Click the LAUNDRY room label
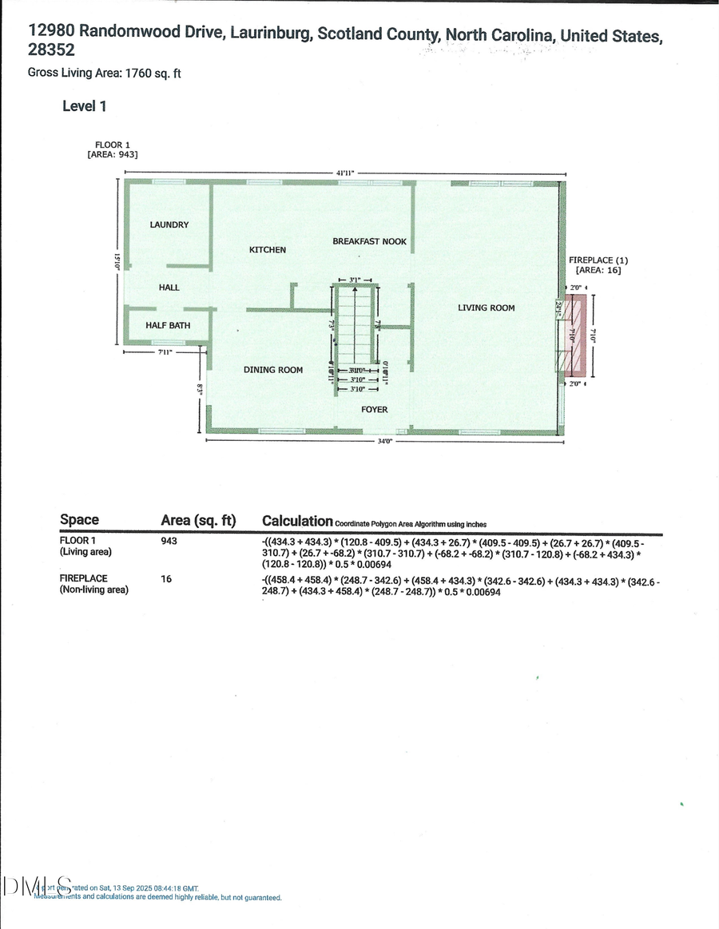point(169,225)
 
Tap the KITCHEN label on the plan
point(268,250)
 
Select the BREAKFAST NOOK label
point(369,241)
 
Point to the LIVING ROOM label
point(486,308)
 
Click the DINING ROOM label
point(273,370)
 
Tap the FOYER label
point(374,410)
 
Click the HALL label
point(169,288)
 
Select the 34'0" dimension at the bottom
point(384,442)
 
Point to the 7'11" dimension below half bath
point(165,351)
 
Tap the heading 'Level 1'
point(84,105)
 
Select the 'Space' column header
point(79,520)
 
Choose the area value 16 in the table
point(166,578)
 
